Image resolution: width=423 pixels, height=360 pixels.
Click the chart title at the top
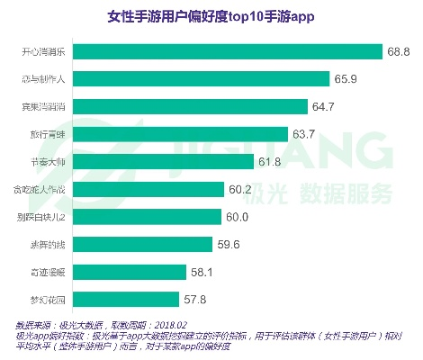(x=211, y=17)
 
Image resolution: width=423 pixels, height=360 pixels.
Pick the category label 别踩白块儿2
(x=43, y=216)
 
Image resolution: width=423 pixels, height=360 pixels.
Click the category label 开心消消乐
(x=44, y=52)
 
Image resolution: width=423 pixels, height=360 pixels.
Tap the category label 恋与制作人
(x=44, y=80)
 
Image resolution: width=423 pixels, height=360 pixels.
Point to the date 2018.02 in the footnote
(x=169, y=324)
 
